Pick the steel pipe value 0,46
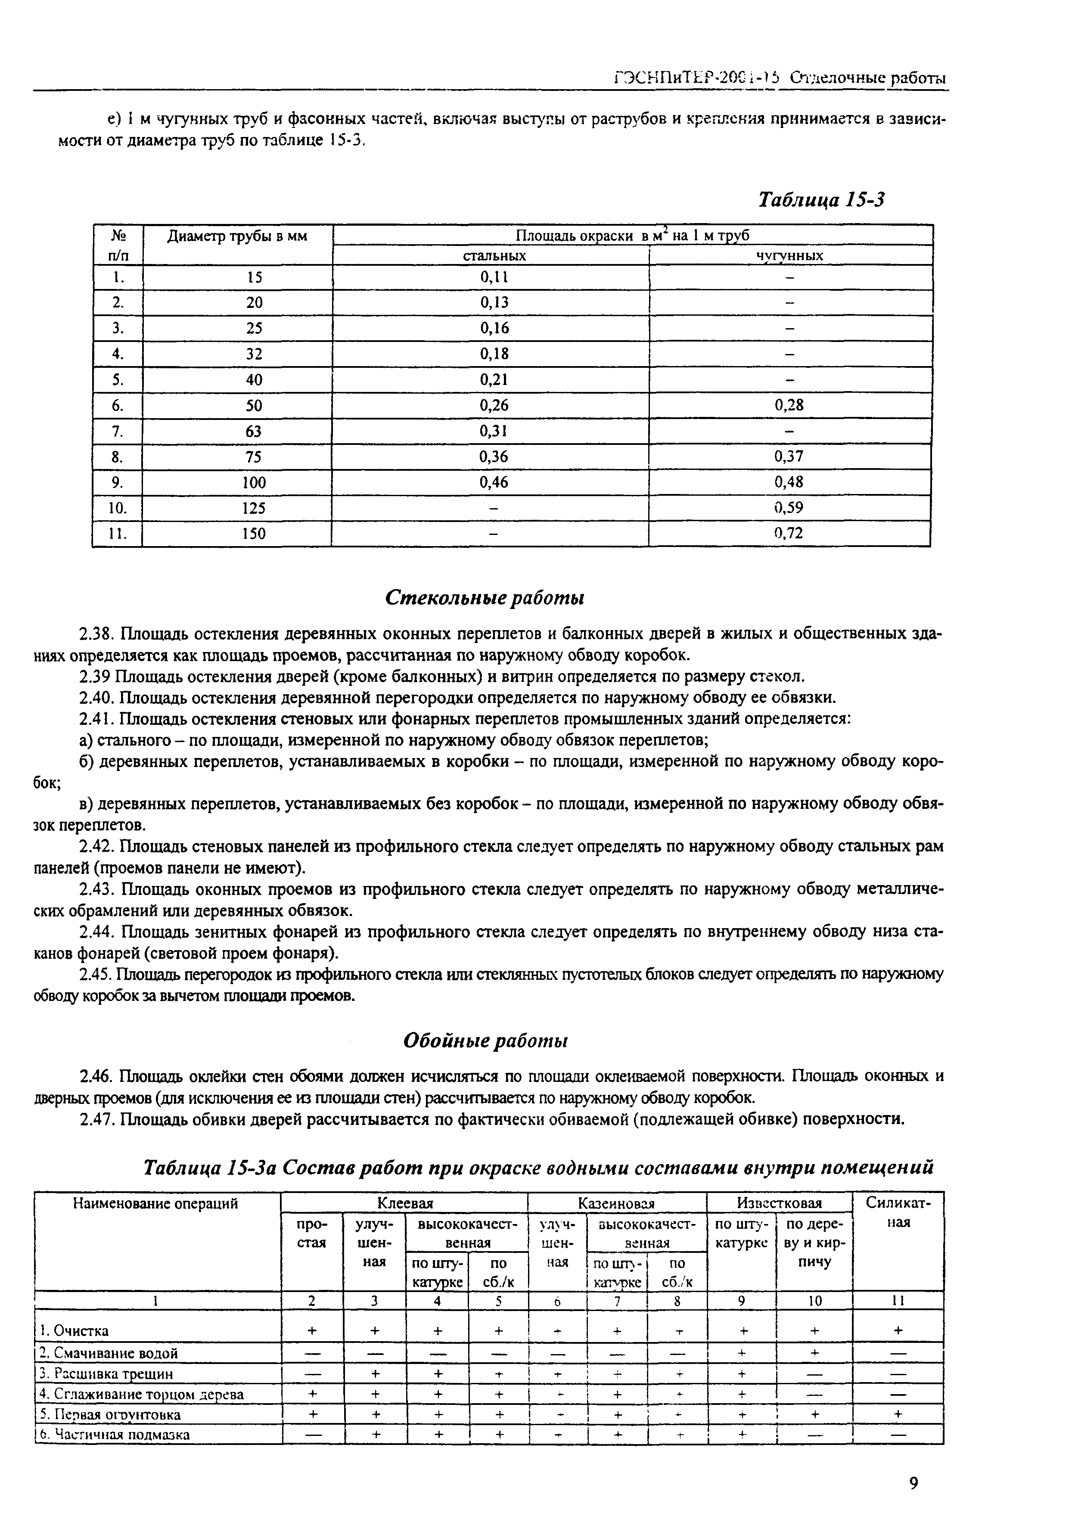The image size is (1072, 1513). click(494, 482)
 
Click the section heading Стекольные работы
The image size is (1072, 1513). click(485, 598)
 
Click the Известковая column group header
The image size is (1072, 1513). click(779, 1203)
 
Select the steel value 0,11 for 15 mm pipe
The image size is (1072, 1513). click(494, 277)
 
